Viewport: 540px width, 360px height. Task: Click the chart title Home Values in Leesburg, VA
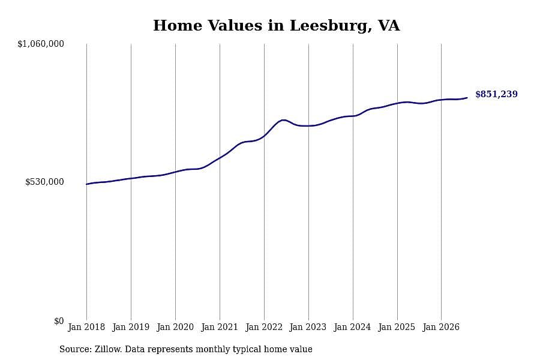[276, 26]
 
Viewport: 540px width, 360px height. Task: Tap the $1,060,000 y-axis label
[41, 44]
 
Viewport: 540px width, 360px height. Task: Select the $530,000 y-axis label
[44, 182]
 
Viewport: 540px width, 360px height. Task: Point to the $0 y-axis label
[59, 321]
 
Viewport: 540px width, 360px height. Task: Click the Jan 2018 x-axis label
[86, 327]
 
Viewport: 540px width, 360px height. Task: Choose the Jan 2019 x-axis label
[131, 327]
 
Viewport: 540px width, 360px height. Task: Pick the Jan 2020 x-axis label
[175, 327]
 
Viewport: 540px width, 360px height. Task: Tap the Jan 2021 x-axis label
[220, 327]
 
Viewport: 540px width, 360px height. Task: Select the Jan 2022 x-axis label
[264, 327]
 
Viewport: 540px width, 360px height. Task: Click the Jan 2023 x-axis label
[308, 327]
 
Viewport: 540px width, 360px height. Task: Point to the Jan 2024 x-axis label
[352, 327]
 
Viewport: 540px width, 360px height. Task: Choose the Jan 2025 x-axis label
[397, 327]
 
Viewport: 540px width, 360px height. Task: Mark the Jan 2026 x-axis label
[441, 327]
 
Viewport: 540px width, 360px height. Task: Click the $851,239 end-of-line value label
[496, 94]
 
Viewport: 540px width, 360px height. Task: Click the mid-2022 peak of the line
[283, 120]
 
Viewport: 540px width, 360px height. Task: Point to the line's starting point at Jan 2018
[86, 184]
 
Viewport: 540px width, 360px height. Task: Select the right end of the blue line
[467, 98]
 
